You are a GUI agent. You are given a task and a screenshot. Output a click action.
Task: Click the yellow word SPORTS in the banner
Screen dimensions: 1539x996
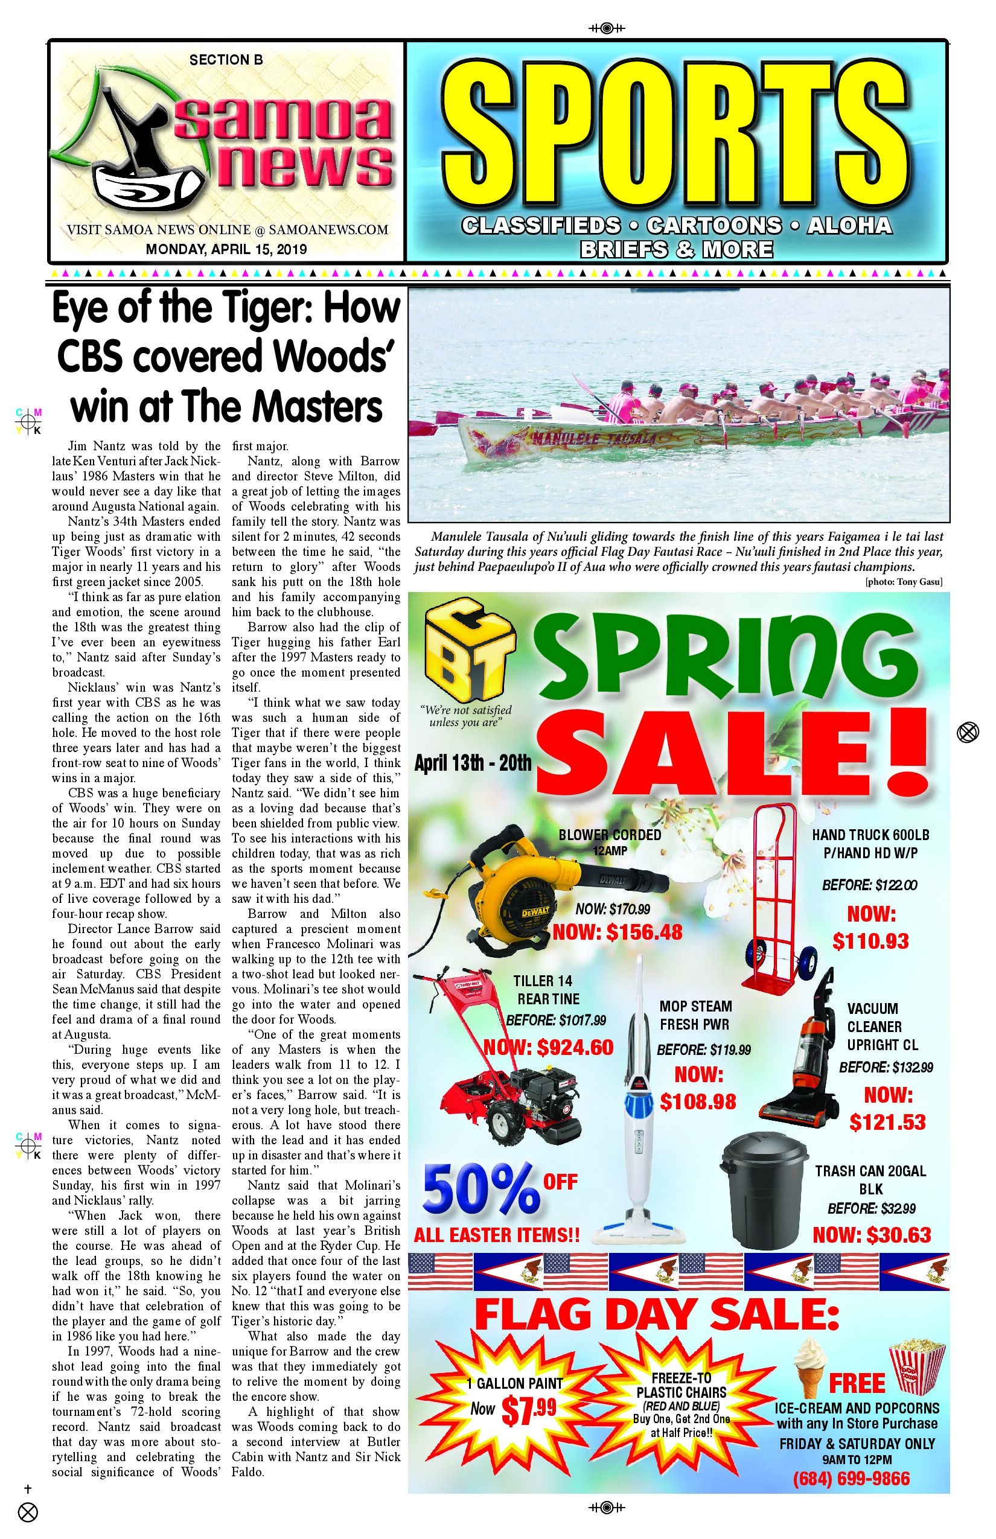(676, 136)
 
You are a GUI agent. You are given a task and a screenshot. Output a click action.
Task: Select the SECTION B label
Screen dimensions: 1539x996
(226, 60)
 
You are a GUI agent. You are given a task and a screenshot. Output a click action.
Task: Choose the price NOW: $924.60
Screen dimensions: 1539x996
(549, 1047)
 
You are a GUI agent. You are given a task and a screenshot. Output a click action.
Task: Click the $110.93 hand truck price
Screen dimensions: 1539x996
(870, 941)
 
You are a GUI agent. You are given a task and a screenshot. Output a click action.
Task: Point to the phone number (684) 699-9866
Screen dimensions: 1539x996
(851, 1478)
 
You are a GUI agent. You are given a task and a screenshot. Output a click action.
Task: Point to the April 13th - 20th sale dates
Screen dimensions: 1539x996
(473, 763)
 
